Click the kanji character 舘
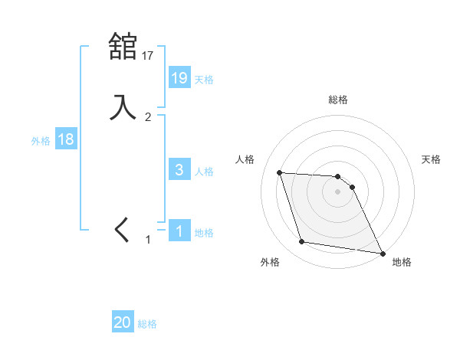(123, 47)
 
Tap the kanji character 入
(123, 106)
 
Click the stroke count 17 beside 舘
(148, 55)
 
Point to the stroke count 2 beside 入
(148, 117)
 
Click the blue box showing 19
(179, 77)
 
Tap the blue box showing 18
(65, 139)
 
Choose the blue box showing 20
(123, 322)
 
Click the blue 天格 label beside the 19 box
(204, 79)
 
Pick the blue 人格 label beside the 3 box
(204, 171)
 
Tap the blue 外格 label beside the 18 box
(41, 141)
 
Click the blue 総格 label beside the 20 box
(147, 324)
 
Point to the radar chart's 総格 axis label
(338, 100)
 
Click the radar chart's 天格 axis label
(432, 159)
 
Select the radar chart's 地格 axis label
(402, 262)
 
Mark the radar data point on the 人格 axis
(280, 173)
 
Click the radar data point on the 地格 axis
(382, 253)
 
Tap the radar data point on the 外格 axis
(302, 242)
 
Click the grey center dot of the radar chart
(338, 192)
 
